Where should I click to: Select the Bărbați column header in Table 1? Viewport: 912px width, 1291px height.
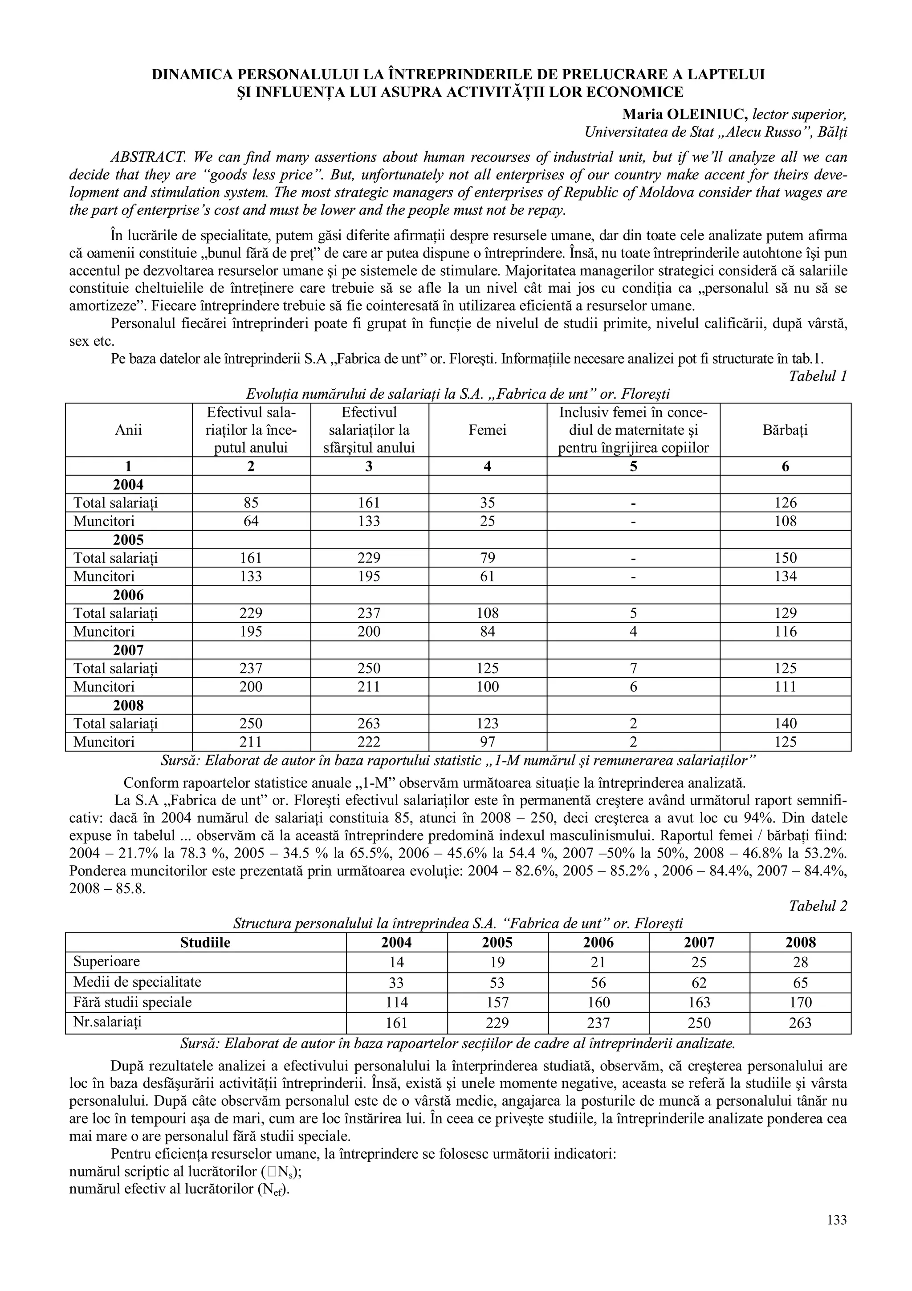(785, 430)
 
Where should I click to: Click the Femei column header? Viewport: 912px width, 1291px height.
(487, 430)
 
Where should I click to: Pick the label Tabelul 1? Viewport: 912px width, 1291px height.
(818, 376)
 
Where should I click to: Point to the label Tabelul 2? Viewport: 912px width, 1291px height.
(818, 906)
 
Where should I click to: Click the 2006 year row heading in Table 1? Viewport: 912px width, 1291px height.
(129, 595)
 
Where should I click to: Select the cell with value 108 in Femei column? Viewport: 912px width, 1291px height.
(487, 613)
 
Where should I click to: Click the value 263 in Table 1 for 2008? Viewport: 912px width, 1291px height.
(369, 723)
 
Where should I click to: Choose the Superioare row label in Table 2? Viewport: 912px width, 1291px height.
(107, 961)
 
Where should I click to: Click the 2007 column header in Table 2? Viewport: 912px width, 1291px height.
(699, 942)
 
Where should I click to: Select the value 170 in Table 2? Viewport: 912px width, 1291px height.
(800, 1002)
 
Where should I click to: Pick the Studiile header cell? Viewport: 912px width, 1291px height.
(205, 942)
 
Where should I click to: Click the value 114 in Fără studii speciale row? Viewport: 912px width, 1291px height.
(396, 1002)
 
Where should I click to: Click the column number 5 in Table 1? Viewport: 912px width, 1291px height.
(633, 466)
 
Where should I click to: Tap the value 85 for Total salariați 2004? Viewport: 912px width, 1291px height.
(251, 503)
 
